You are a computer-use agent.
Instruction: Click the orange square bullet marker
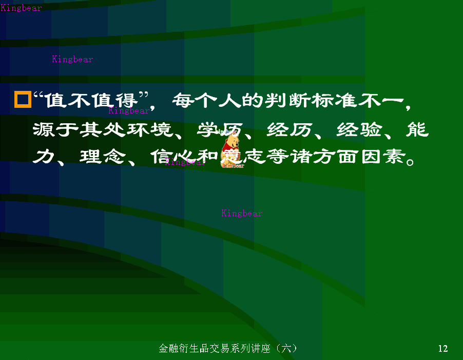(23, 99)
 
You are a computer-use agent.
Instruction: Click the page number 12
(443, 349)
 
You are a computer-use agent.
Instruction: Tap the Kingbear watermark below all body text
(242, 213)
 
